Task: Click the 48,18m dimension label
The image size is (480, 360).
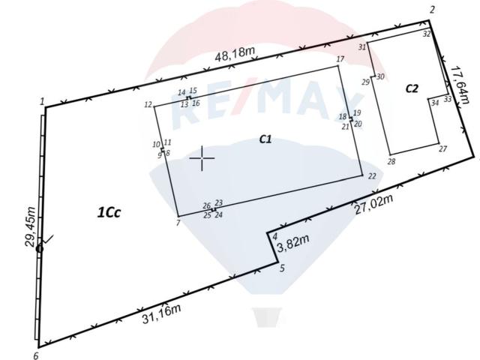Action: tap(235, 54)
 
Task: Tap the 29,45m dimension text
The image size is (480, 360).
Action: tap(30, 226)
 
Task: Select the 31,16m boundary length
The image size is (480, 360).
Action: tap(161, 313)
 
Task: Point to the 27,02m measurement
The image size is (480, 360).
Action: tap(373, 204)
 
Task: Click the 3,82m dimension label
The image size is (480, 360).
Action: tap(293, 243)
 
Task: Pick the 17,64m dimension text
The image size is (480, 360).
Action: tap(459, 85)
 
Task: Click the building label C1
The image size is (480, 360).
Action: tap(265, 139)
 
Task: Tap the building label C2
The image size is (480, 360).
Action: tap(412, 88)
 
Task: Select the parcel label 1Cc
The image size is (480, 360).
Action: tap(109, 212)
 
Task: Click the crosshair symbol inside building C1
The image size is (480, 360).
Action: tap(202, 158)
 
